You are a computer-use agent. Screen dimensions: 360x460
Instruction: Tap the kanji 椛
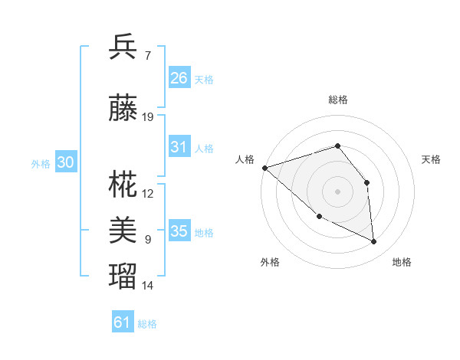coord(123,184)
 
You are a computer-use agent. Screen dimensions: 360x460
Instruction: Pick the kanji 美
coord(123,229)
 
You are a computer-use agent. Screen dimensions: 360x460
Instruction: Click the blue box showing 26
coord(179,78)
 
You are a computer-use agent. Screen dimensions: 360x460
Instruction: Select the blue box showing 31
coord(179,147)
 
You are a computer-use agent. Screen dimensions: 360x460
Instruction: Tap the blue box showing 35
coord(179,231)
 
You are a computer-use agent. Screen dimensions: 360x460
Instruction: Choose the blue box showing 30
coord(65,162)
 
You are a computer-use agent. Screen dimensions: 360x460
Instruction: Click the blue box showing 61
coord(123,322)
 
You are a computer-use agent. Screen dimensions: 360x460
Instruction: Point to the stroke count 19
coord(149,117)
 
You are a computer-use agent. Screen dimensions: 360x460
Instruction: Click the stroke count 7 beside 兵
coord(148,55)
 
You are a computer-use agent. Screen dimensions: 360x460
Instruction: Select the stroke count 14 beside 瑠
coord(148,286)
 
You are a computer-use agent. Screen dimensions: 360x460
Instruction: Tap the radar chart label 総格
coord(337,100)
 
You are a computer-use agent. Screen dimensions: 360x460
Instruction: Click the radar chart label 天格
coord(432,159)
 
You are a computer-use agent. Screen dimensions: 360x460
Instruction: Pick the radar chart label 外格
coord(270,262)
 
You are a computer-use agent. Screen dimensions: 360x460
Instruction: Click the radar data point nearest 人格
coord(264,168)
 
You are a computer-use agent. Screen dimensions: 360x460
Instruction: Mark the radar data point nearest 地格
coord(374,241)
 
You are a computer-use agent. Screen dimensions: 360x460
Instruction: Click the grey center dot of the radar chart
coord(337,191)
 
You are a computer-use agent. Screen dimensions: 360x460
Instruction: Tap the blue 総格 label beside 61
coord(147,324)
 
